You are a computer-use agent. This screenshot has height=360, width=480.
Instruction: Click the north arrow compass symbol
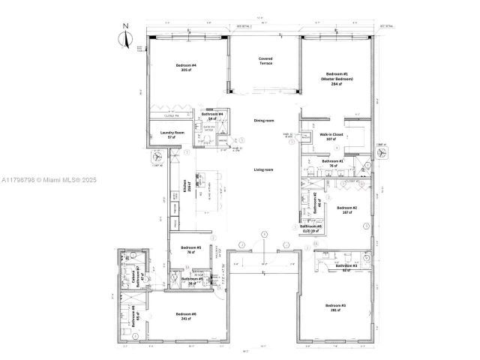[x=127, y=38]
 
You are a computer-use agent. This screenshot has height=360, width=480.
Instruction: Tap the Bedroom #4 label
[x=186, y=67]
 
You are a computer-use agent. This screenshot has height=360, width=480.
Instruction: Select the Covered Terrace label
[x=265, y=61]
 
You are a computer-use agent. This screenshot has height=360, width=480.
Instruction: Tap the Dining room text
[x=263, y=120]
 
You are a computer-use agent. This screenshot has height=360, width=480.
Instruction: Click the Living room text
[x=262, y=170]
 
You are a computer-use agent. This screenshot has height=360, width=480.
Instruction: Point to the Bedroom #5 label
[x=191, y=250]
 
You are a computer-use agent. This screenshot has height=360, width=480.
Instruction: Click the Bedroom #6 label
[x=185, y=315]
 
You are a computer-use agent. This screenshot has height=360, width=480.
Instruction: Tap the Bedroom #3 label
[x=335, y=307]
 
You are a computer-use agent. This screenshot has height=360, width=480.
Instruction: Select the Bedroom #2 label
[x=346, y=209]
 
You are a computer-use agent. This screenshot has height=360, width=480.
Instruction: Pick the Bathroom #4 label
[x=201, y=116]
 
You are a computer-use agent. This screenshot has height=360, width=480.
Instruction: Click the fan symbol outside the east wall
[x=382, y=151]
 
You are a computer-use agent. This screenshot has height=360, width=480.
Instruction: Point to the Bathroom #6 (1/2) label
[x=310, y=228]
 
